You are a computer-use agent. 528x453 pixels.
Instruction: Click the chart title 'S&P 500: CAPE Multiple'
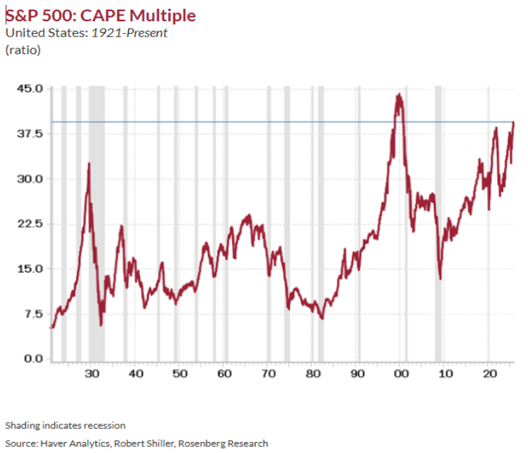pyautogui.click(x=100, y=15)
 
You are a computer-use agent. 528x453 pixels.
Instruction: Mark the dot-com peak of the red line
pyautogui.click(x=398, y=95)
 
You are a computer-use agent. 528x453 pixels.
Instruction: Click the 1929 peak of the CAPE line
pyautogui.click(x=89, y=163)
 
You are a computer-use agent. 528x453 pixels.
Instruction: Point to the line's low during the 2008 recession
pyautogui.click(x=440, y=279)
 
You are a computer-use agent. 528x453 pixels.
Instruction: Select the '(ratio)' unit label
pyautogui.click(x=23, y=50)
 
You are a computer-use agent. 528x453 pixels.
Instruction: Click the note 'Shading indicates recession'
pyautogui.click(x=65, y=425)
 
